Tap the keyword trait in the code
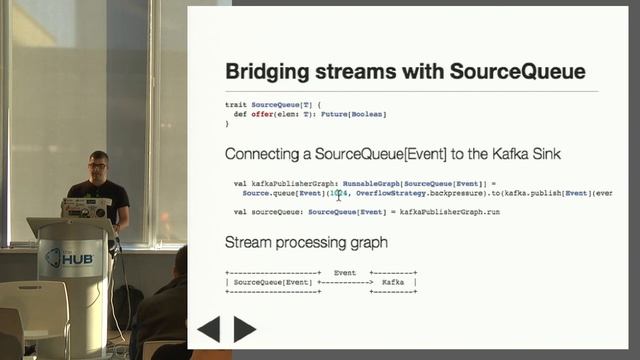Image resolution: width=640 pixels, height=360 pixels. click(x=236, y=104)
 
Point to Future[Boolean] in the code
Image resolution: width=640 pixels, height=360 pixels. click(x=355, y=114)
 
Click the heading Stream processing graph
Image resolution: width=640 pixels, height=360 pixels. click(x=306, y=243)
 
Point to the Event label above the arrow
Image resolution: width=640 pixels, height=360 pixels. click(x=345, y=272)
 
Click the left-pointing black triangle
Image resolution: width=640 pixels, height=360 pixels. click(x=209, y=329)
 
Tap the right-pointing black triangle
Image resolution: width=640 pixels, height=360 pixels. click(x=244, y=329)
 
